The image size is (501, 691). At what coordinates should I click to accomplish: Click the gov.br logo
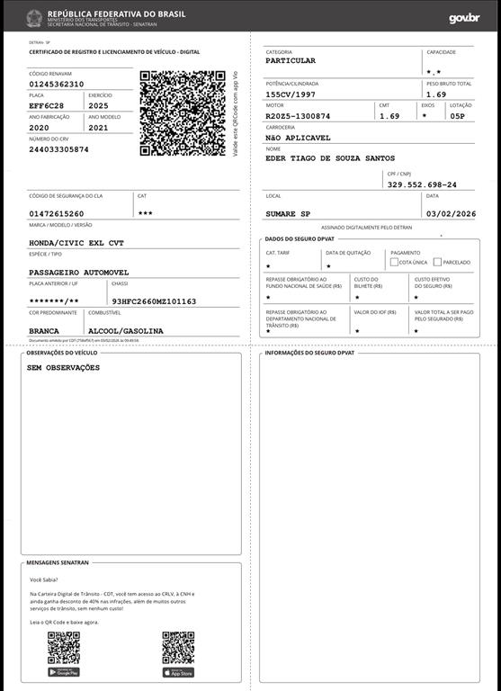pyautogui.click(x=464, y=18)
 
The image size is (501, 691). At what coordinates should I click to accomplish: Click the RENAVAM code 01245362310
pyautogui.click(x=57, y=84)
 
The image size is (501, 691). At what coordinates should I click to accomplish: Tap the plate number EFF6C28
pyautogui.click(x=46, y=105)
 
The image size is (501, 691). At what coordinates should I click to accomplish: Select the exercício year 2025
pyautogui.click(x=98, y=105)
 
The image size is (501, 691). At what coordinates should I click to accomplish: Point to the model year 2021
pyautogui.click(x=98, y=128)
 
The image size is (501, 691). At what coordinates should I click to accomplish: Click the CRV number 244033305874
pyautogui.click(x=59, y=149)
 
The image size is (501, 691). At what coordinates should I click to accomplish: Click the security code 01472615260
pyautogui.click(x=57, y=213)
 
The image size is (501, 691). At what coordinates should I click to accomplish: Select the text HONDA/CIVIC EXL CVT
pyautogui.click(x=77, y=243)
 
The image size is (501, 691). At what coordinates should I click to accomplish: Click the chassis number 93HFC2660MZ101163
pyautogui.click(x=154, y=301)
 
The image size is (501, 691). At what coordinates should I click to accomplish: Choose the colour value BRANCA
pyautogui.click(x=45, y=331)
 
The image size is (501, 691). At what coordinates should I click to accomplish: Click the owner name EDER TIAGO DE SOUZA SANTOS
pyautogui.click(x=330, y=158)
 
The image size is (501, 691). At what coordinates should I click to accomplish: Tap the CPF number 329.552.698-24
pyautogui.click(x=422, y=184)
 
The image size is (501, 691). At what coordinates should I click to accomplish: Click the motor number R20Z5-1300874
pyautogui.click(x=298, y=116)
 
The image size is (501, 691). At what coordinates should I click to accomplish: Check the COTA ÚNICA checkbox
pyautogui.click(x=394, y=262)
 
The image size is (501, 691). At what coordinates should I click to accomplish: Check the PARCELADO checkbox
pyautogui.click(x=437, y=262)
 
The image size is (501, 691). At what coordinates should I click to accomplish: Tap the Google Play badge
pyautogui.click(x=64, y=671)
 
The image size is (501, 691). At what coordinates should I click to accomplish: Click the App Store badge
pyautogui.click(x=178, y=671)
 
